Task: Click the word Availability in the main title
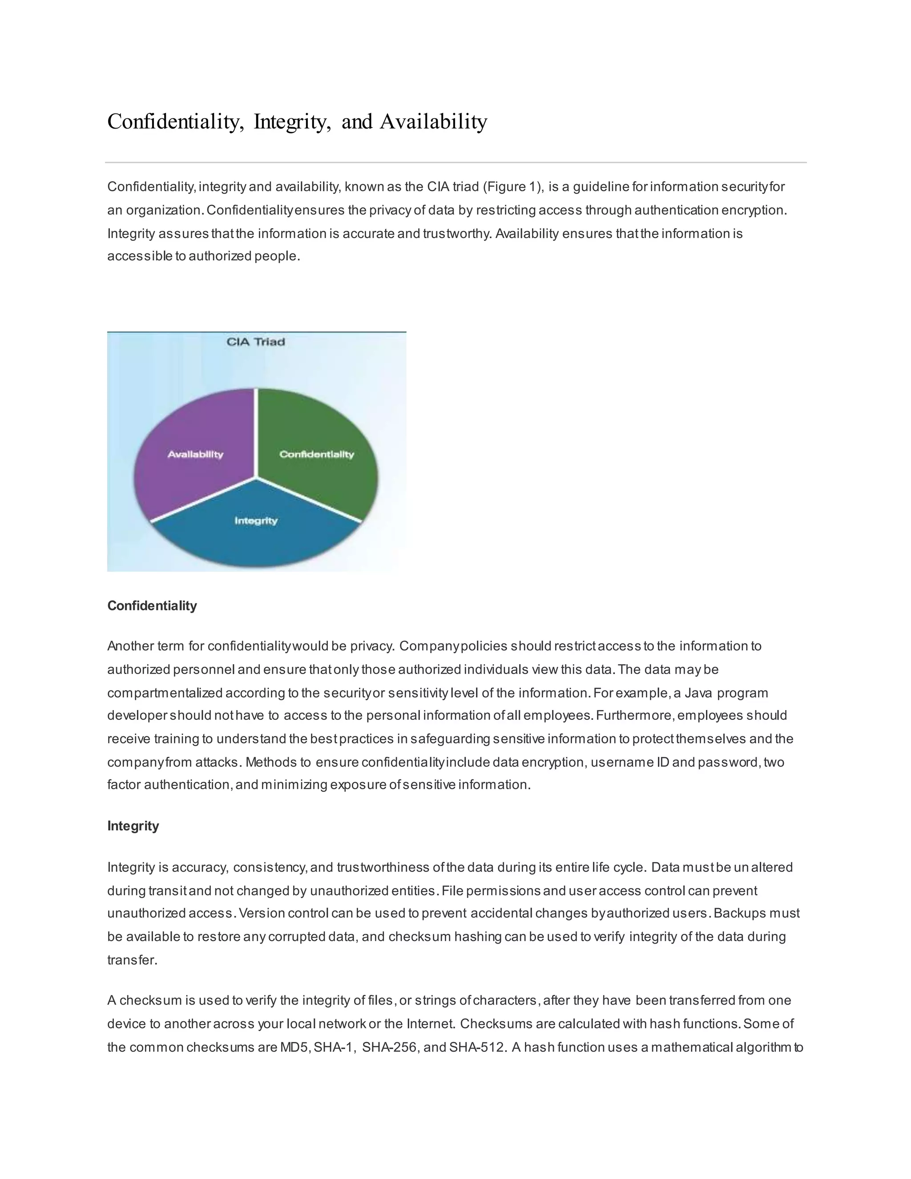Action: pyautogui.click(x=433, y=121)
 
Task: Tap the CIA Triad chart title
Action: pyautogui.click(x=255, y=342)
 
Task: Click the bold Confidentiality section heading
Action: pyautogui.click(x=152, y=606)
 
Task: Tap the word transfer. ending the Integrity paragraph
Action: pyautogui.click(x=132, y=961)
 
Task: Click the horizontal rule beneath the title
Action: pyautogui.click(x=455, y=162)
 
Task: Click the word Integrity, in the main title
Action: pyautogui.click(x=292, y=121)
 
